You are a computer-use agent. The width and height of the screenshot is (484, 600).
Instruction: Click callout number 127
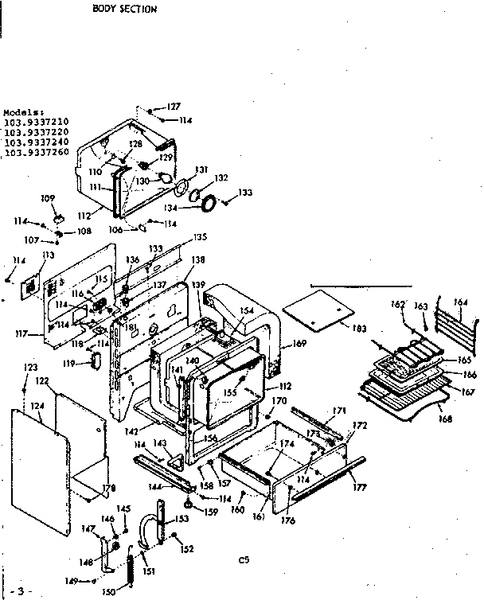click(x=174, y=107)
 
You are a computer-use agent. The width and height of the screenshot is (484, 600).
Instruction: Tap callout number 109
click(x=47, y=197)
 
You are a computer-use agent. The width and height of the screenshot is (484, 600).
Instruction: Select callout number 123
click(x=30, y=368)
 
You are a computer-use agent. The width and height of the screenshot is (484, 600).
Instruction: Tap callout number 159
click(x=211, y=512)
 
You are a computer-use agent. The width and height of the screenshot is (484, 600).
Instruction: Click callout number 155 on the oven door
click(x=230, y=392)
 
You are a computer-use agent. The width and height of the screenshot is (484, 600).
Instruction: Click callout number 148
click(x=85, y=562)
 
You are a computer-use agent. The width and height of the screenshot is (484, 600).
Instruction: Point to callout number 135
click(x=199, y=236)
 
